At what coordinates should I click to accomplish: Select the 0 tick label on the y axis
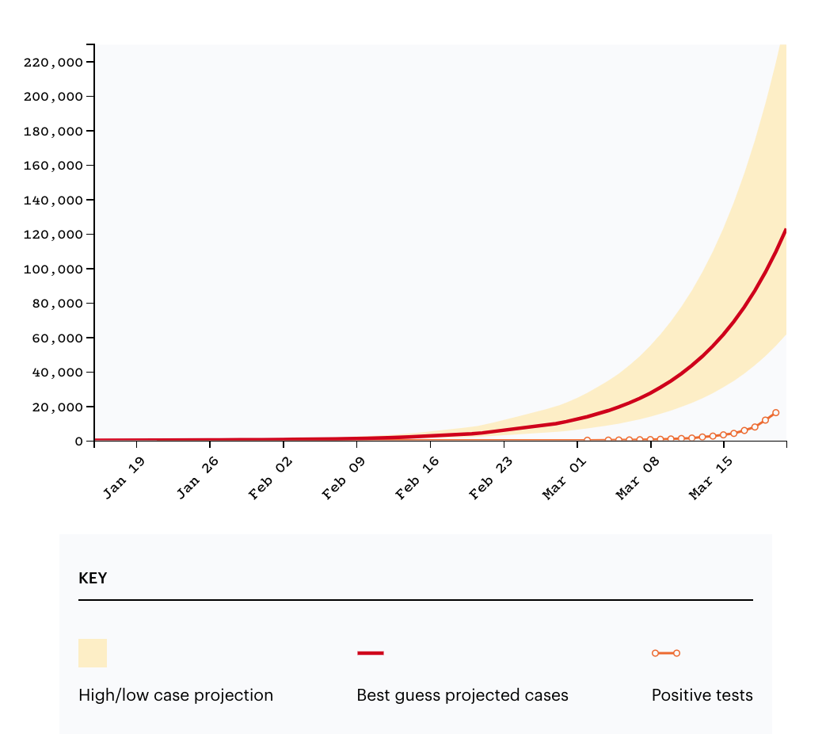[x=79, y=442]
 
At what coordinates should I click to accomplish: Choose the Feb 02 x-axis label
[x=269, y=479]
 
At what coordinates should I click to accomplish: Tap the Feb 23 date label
[x=490, y=479]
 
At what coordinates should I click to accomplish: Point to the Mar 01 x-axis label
[x=564, y=479]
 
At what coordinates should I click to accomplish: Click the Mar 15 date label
[x=710, y=479]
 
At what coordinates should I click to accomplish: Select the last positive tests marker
[x=775, y=413]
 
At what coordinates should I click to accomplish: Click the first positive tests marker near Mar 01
[x=587, y=440]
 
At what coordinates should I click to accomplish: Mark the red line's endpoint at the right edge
[x=785, y=231]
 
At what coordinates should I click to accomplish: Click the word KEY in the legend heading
[x=93, y=579]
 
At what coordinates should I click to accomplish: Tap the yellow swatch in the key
[x=93, y=653]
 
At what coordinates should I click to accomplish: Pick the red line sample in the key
[x=371, y=653]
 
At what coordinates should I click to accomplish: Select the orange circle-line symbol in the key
[x=666, y=653]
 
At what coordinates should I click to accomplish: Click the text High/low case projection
[x=176, y=696]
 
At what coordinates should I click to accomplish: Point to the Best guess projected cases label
[x=462, y=696]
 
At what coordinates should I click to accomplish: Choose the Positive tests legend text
[x=702, y=696]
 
